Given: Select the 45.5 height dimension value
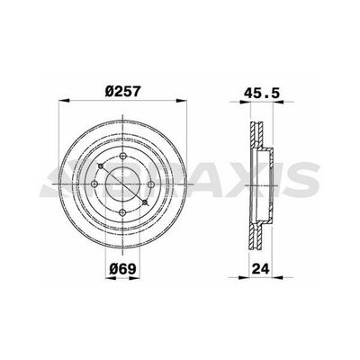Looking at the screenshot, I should coord(263,90).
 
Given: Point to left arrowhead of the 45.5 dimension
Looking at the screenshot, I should coord(246,103).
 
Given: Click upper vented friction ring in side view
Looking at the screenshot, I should coord(253,135).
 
